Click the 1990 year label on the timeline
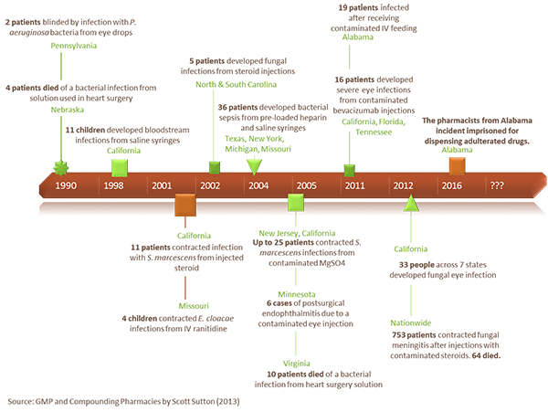[x=66, y=185]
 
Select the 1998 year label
[x=114, y=185]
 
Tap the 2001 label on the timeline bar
[x=162, y=185]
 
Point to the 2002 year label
[x=210, y=185]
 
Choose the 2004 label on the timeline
[x=258, y=185]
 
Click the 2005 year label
[x=306, y=185]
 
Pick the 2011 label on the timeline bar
[x=354, y=185]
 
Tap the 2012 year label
[x=403, y=185]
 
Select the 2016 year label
[x=451, y=185]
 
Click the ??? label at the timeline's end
[x=497, y=185]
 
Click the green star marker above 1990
[x=61, y=166]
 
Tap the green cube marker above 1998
[x=117, y=164]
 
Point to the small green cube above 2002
[x=215, y=166]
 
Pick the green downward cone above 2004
[x=255, y=164]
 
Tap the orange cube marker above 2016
[x=457, y=164]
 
